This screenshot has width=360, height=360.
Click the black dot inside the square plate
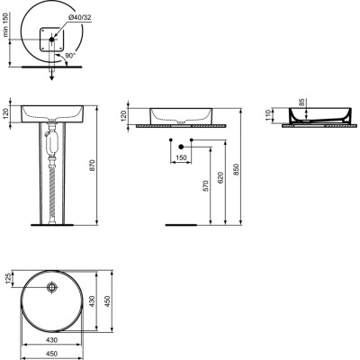(x=52, y=39)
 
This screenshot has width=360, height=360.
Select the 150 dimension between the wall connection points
(x=182, y=157)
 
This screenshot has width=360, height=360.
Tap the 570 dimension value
(x=206, y=187)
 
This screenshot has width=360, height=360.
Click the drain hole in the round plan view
(x=51, y=288)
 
